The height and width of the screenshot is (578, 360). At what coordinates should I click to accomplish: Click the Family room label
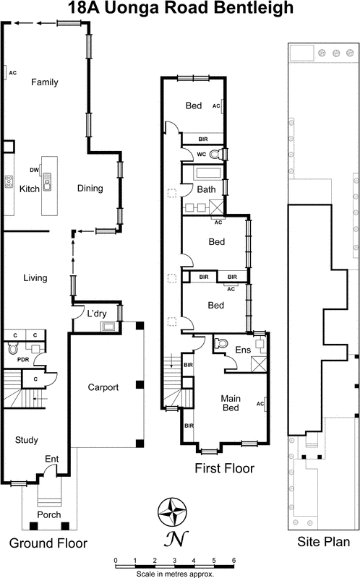coord(44,82)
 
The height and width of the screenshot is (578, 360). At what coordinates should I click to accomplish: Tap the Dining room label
coord(90,189)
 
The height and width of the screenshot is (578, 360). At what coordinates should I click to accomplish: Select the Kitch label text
coord(30,189)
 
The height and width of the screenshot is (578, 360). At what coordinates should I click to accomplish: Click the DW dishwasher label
coord(34,170)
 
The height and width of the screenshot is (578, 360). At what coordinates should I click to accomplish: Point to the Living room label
coord(35,278)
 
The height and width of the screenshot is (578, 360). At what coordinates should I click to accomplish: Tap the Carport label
coord(103,387)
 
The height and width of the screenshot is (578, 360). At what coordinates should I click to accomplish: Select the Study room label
coord(27,440)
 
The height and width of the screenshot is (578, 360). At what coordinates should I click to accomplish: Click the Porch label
coord(49,515)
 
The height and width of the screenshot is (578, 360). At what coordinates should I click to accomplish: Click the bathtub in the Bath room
coord(203,173)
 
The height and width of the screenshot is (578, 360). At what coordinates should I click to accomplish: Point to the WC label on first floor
coord(202,153)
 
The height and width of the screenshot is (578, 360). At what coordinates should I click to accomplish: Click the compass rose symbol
coord(173,512)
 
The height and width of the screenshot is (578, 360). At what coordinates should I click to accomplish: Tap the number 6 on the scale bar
coord(233,560)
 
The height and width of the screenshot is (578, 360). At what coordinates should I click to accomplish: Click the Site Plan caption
coord(323,542)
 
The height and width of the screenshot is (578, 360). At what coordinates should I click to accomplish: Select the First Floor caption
coord(224,468)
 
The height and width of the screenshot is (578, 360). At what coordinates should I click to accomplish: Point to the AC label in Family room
coord(12,72)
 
